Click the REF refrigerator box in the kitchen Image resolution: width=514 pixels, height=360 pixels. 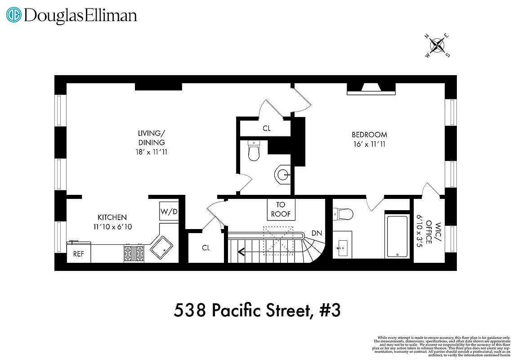click(79, 254)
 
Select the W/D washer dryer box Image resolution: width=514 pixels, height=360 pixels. click(169, 211)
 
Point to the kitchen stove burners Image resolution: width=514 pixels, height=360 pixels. click(134, 253)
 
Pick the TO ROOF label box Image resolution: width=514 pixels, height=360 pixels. click(281, 209)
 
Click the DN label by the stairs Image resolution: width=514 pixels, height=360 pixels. click(316, 233)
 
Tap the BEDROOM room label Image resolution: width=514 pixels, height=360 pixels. click(369, 135)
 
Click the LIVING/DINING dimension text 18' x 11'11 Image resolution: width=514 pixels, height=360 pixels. click(152, 152)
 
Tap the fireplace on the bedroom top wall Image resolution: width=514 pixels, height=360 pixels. click(371, 89)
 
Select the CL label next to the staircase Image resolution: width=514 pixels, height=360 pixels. click(206, 248)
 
